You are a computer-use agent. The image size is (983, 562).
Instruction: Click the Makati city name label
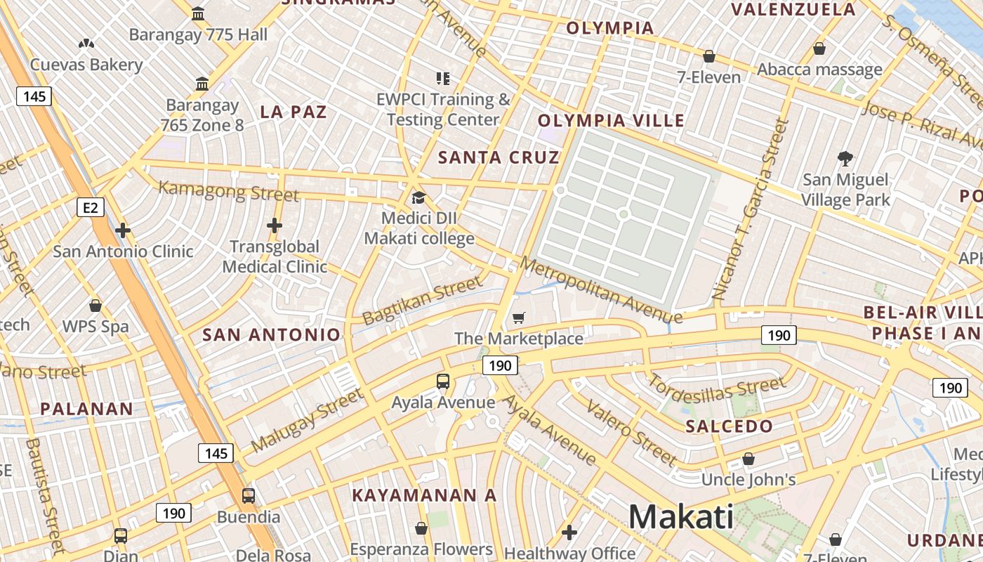[680, 517]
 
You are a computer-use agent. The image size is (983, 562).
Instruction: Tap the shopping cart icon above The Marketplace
[519, 318]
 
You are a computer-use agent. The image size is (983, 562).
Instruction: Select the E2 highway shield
[91, 207]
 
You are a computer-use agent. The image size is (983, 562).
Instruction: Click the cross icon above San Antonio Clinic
[123, 230]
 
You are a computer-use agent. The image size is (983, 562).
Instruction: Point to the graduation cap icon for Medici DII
[418, 197]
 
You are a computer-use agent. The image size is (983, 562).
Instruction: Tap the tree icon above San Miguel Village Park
[845, 159]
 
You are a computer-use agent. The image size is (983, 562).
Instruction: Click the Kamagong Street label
[229, 190]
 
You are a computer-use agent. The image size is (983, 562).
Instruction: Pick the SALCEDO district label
[729, 426]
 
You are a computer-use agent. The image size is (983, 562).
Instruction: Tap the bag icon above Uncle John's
[748, 459]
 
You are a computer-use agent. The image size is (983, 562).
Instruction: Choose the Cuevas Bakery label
[86, 65]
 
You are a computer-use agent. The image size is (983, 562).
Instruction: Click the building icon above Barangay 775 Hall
[198, 13]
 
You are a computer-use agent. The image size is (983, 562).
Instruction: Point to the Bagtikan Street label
[423, 300]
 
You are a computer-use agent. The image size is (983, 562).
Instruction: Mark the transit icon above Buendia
[248, 496]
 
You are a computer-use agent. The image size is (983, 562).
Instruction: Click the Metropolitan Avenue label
[593, 289]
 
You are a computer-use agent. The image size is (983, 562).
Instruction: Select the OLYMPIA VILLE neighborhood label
[611, 121]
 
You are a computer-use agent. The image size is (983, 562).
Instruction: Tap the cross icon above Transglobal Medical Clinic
[275, 226]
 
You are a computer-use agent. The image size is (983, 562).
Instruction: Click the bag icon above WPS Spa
[95, 306]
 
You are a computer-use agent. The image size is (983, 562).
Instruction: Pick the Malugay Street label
[307, 420]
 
